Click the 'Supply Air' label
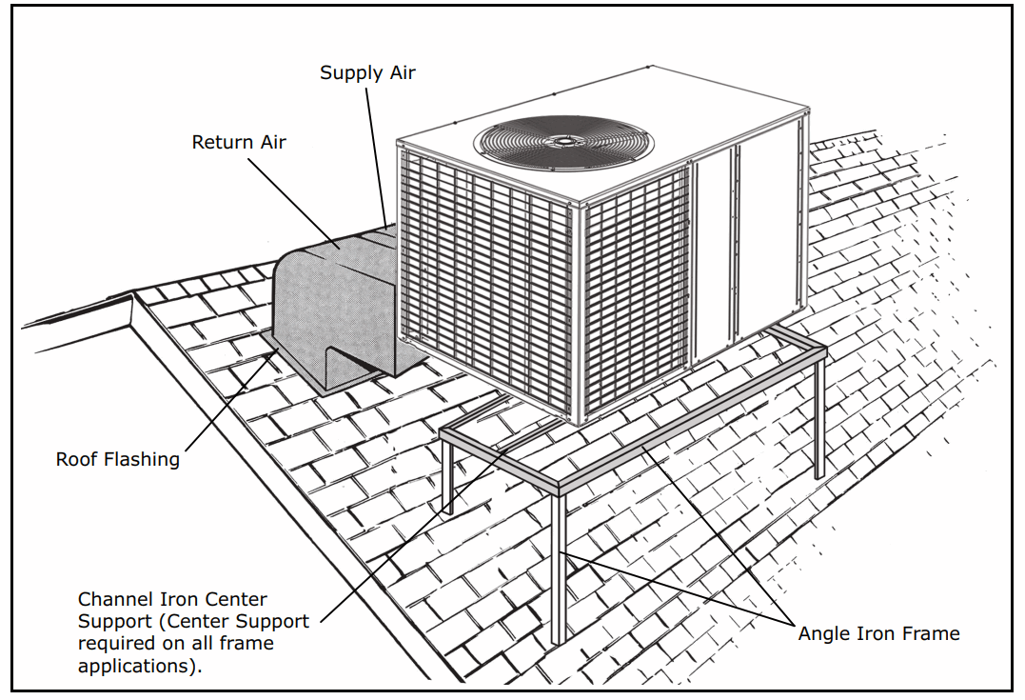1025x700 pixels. [367, 73]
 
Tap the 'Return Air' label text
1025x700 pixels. [239, 143]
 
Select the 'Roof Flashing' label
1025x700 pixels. [118, 459]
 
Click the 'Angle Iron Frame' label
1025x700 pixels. [878, 633]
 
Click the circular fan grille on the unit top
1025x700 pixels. [564, 141]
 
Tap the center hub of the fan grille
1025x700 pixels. [565, 141]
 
